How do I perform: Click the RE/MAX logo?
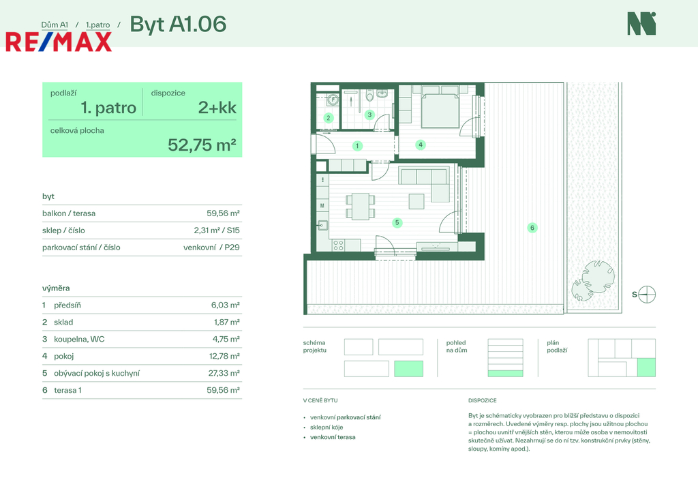(x=59, y=42)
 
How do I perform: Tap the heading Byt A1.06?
(x=178, y=25)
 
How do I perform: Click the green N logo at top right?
(x=641, y=24)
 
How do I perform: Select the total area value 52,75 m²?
(x=202, y=145)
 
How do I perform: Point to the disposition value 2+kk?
(x=217, y=108)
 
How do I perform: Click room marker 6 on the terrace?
(x=532, y=228)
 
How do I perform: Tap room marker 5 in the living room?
(x=397, y=223)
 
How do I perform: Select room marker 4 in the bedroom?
(x=420, y=145)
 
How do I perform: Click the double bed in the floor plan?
(x=440, y=107)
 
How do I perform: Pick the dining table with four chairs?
(x=360, y=206)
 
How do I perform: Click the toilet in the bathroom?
(x=369, y=95)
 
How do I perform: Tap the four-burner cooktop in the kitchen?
(x=338, y=245)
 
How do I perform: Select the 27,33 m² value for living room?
(x=224, y=373)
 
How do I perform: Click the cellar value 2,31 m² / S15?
(x=217, y=230)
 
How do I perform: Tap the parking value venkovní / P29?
(x=211, y=247)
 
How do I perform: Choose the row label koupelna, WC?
(x=79, y=340)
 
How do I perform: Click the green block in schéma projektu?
(x=409, y=369)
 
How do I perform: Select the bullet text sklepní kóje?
(x=327, y=427)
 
